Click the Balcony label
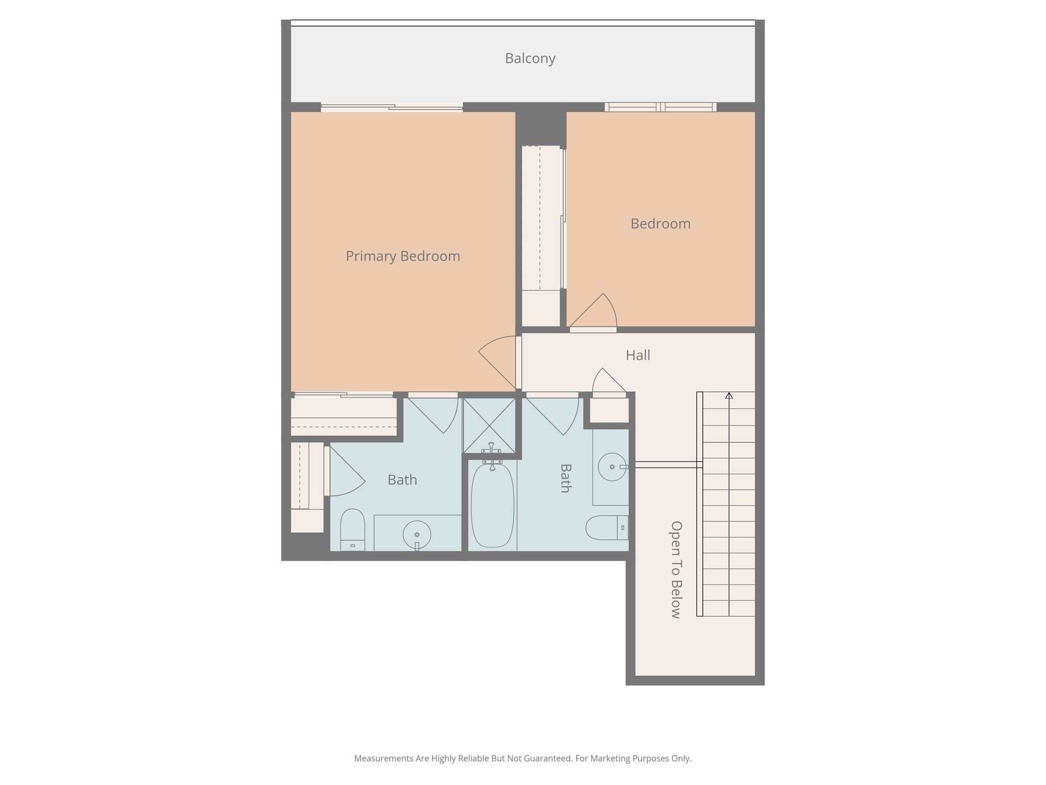coord(530,58)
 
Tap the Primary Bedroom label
coord(403,256)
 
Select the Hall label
coord(638,355)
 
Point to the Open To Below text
coord(676,569)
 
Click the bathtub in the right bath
coord(492,505)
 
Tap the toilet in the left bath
coord(352,529)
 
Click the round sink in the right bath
coord(612,467)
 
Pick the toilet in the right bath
coord(607,528)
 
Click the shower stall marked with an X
coord(489,425)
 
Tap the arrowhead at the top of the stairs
coord(729,395)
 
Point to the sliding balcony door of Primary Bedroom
coord(392,107)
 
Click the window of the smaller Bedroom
coord(660,107)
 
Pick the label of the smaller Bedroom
coord(660,223)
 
